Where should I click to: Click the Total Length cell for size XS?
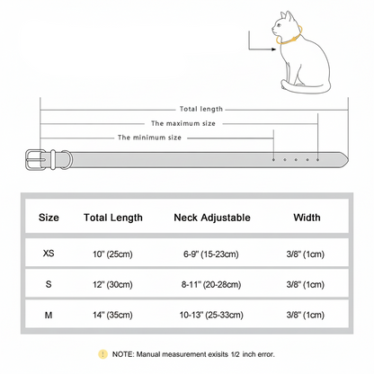(112, 254)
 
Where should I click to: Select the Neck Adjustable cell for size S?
(211, 284)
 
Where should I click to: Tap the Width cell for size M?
(305, 315)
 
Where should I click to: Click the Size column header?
(49, 218)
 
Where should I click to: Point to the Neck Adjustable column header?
(212, 218)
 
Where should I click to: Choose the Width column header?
(307, 218)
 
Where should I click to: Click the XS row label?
(49, 254)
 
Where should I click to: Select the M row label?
(49, 315)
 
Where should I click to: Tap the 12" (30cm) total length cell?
(112, 284)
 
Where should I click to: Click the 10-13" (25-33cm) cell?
(211, 315)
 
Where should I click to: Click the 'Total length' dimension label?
(201, 109)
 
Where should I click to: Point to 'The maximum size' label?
(183, 123)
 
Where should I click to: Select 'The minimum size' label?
(149, 138)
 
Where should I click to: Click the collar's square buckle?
(35, 160)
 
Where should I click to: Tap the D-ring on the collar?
(67, 160)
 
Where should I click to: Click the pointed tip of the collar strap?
(348, 160)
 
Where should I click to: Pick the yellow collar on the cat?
(293, 39)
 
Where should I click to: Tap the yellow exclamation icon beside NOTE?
(102, 354)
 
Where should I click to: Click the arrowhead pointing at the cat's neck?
(274, 49)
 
